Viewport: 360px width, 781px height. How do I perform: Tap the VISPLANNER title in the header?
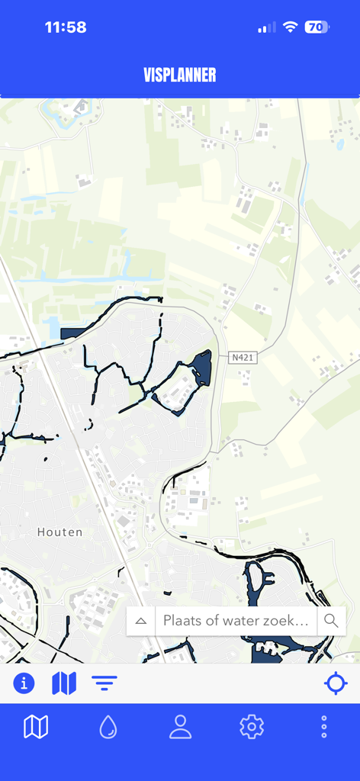point(180,75)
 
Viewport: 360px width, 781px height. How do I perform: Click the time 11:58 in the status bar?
point(66,27)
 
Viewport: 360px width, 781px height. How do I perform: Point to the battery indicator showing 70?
point(317,27)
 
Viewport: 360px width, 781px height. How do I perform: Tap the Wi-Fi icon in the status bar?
point(290,27)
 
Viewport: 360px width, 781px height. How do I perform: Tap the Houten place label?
point(59,532)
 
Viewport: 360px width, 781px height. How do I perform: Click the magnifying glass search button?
point(331,621)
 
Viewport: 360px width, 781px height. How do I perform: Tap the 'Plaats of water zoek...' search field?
point(236,621)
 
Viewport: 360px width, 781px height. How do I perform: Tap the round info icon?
point(24,683)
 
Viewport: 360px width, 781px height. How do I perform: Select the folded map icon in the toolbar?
point(64,683)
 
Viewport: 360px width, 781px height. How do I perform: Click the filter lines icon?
point(104,683)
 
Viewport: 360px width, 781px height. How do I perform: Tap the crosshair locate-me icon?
point(336,683)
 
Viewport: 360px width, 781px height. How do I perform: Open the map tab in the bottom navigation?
point(36,727)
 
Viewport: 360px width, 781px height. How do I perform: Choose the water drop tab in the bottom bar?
point(108,727)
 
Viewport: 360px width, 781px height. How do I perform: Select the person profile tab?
point(180,727)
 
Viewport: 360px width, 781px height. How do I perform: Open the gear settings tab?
point(252,727)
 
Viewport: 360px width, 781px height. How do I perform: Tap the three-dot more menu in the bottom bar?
point(324,727)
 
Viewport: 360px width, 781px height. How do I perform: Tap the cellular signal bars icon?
point(266,27)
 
